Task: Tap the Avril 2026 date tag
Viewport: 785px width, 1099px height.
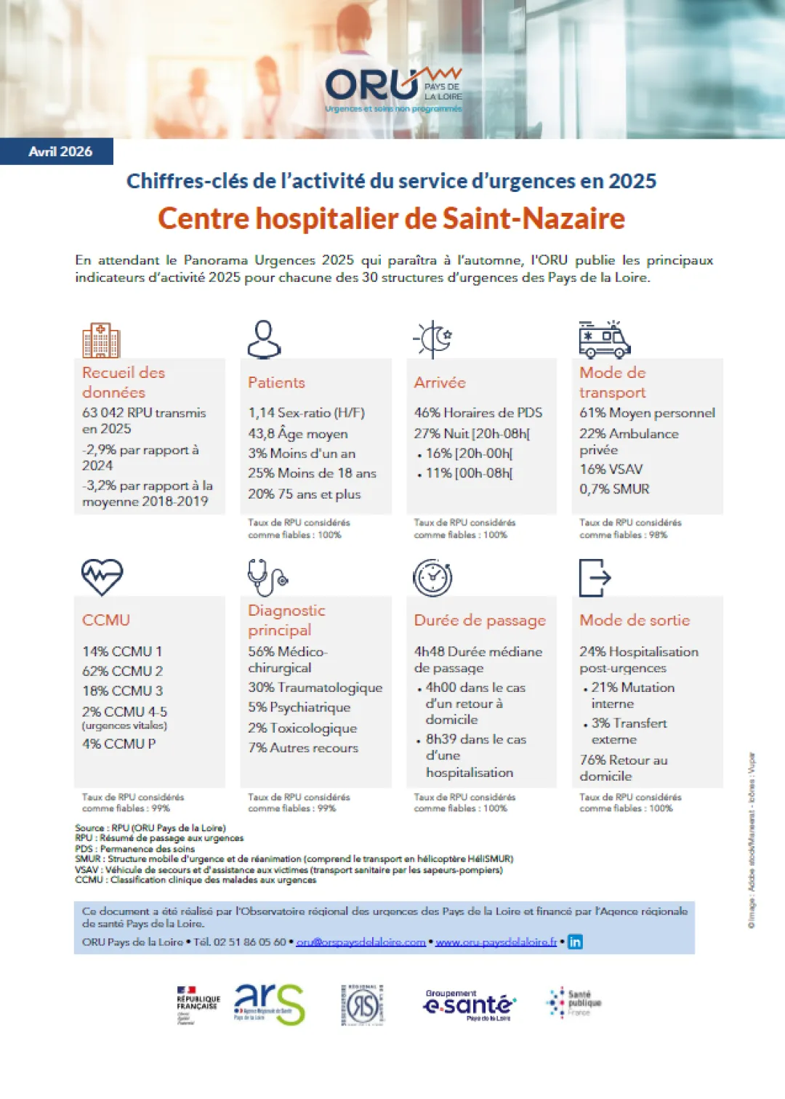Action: pyautogui.click(x=60, y=151)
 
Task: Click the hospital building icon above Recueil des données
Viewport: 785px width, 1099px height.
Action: pyautogui.click(x=101, y=340)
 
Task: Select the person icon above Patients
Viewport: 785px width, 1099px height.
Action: pyautogui.click(x=264, y=339)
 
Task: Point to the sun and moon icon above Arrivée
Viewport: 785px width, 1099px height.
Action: pyautogui.click(x=433, y=339)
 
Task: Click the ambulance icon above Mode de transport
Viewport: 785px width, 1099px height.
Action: pyautogui.click(x=604, y=339)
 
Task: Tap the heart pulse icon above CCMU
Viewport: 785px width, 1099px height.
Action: pyautogui.click(x=102, y=577)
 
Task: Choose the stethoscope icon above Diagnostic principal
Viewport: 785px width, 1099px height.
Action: pyautogui.click(x=267, y=578)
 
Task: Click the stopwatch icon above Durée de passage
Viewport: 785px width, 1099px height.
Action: pyautogui.click(x=432, y=578)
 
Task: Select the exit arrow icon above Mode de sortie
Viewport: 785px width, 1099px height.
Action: pyautogui.click(x=595, y=578)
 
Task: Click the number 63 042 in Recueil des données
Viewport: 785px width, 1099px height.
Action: pyautogui.click(x=102, y=413)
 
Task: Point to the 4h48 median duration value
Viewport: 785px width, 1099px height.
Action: pyautogui.click(x=429, y=652)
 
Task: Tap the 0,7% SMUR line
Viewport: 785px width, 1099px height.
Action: pyautogui.click(x=614, y=489)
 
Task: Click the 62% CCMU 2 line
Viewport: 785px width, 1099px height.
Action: pyautogui.click(x=122, y=671)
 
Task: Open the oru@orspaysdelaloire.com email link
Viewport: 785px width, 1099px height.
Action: pyautogui.click(x=361, y=942)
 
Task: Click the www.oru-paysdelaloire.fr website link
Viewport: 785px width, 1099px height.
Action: pyautogui.click(x=496, y=942)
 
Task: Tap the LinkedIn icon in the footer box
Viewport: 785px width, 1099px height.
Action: pyautogui.click(x=575, y=942)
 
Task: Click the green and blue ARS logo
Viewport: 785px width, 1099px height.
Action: pyautogui.click(x=269, y=1005)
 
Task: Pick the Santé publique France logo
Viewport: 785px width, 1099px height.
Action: pyautogui.click(x=574, y=1003)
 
